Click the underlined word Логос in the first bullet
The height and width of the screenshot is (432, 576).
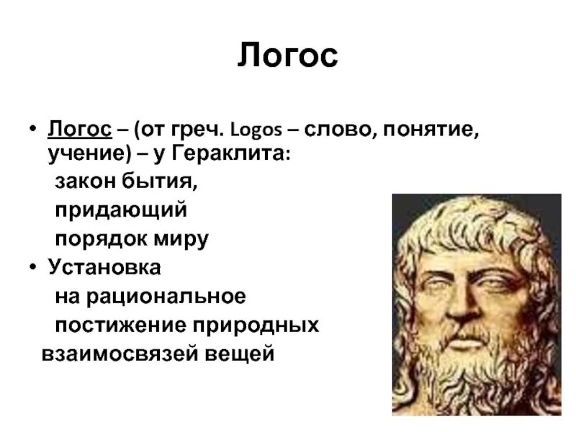click(79, 130)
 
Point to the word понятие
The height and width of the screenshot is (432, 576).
click(425, 131)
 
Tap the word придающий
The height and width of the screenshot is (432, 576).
click(121, 211)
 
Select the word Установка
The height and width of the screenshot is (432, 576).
click(104, 267)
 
